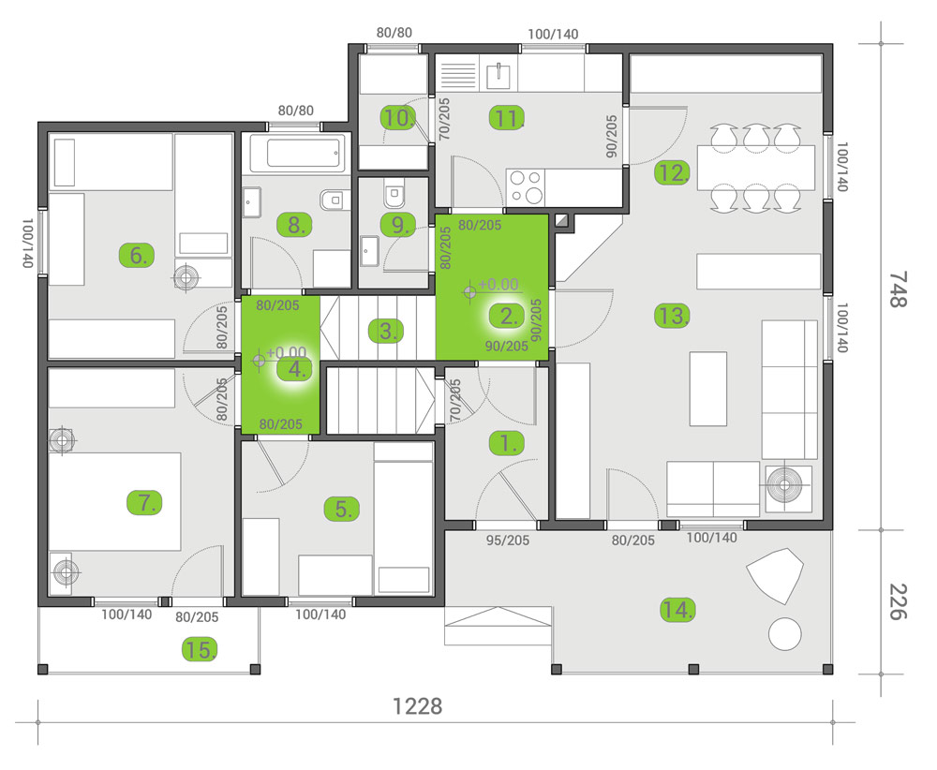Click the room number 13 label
click(672, 316)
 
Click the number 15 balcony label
click(201, 648)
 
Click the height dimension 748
click(897, 289)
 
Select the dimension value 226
click(897, 601)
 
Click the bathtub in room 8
click(297, 154)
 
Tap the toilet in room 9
click(394, 195)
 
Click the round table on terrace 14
click(785, 634)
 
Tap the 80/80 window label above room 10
click(394, 33)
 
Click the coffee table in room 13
click(707, 387)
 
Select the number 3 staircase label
click(386, 330)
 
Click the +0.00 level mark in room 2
click(497, 285)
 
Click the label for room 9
click(397, 225)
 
